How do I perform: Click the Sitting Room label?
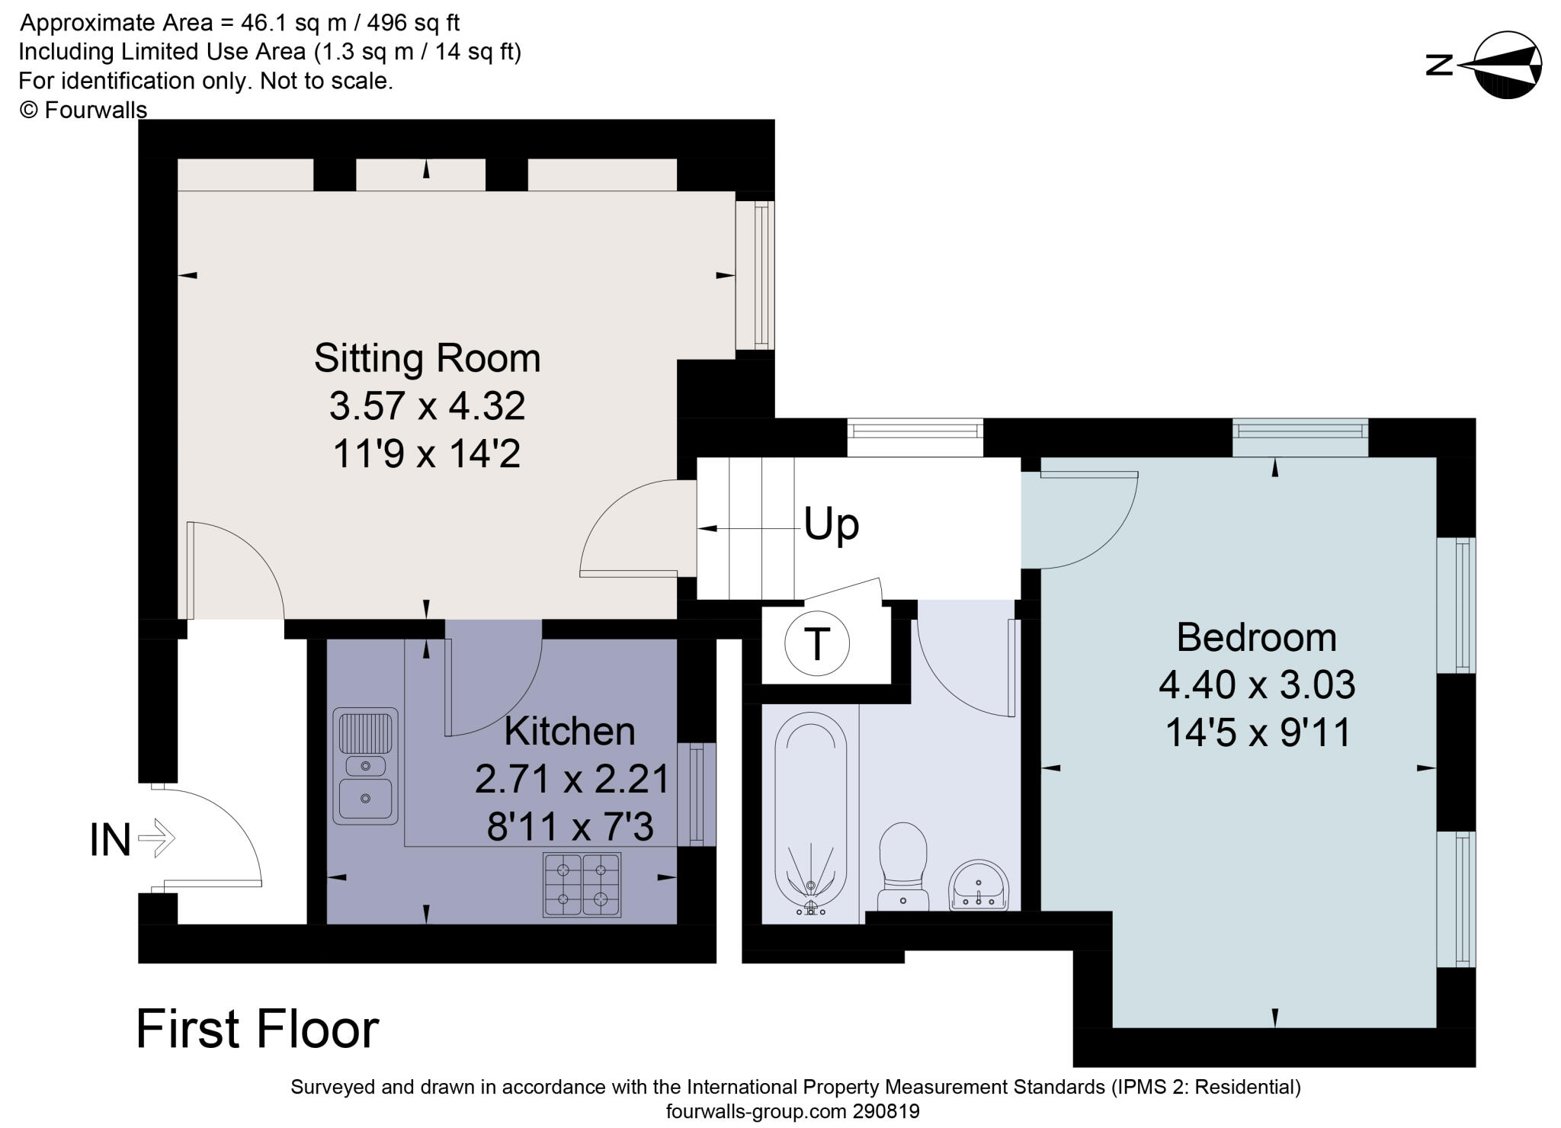427,358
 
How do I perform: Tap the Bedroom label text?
1256,637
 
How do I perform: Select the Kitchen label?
569,732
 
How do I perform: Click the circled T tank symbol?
816,644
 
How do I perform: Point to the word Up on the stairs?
832,524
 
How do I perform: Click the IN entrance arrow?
156,838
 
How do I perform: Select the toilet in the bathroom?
903,865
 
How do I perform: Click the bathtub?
811,812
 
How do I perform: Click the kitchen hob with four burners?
582,884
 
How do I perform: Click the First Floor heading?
258,1029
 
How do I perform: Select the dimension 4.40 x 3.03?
1256,684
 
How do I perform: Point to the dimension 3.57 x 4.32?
427,405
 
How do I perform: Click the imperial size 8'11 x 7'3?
570,826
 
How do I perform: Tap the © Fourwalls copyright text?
83,110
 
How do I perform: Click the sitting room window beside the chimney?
755,274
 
